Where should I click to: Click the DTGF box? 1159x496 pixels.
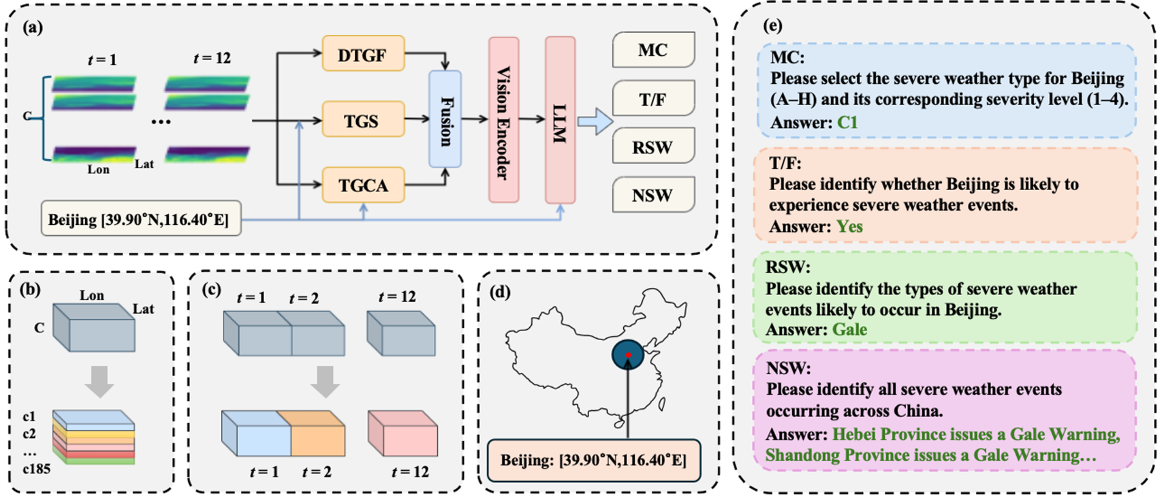point(363,54)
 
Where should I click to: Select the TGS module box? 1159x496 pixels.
point(363,120)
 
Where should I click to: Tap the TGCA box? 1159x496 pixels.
point(363,185)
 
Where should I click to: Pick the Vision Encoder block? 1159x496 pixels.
point(504,120)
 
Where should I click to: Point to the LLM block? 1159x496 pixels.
point(560,120)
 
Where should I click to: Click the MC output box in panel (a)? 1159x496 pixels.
point(653,50)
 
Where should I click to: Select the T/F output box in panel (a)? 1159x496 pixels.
point(653,99)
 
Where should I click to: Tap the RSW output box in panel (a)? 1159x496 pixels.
point(653,147)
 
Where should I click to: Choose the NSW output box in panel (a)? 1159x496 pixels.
point(653,195)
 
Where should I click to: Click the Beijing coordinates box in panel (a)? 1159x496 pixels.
point(140,219)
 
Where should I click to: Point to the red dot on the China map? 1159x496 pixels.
point(628,355)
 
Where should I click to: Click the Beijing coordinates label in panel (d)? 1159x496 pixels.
point(594,460)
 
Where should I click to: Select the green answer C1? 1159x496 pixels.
point(847,122)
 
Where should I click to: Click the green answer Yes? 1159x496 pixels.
point(849,226)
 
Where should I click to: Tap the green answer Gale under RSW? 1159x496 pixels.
point(849,329)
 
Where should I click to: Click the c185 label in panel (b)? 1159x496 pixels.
point(36,469)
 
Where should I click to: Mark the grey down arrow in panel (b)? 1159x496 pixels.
point(100,381)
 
